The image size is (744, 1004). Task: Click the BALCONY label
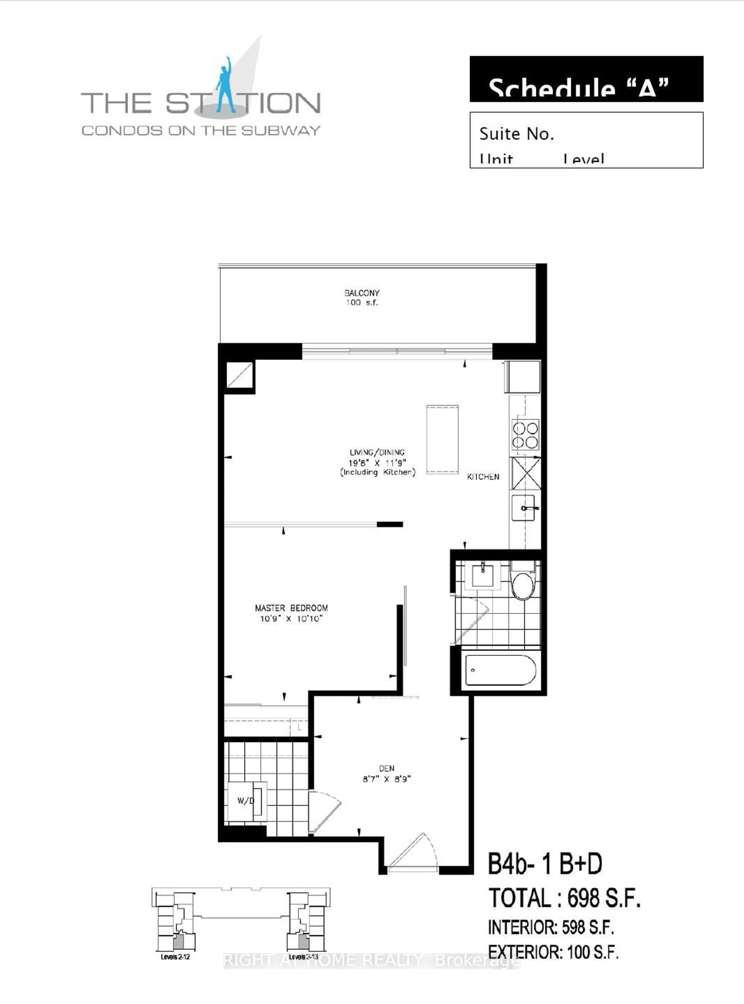[x=362, y=293]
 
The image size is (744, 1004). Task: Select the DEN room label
[x=386, y=769]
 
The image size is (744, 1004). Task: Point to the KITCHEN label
[x=483, y=477]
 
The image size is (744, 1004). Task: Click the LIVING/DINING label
[x=377, y=452]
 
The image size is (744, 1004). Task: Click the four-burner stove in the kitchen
[x=525, y=435]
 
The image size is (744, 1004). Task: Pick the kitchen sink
[x=524, y=508]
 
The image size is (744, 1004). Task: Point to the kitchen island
[x=442, y=439]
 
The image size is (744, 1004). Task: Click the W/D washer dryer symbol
[x=246, y=801]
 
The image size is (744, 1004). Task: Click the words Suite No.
[x=516, y=134]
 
